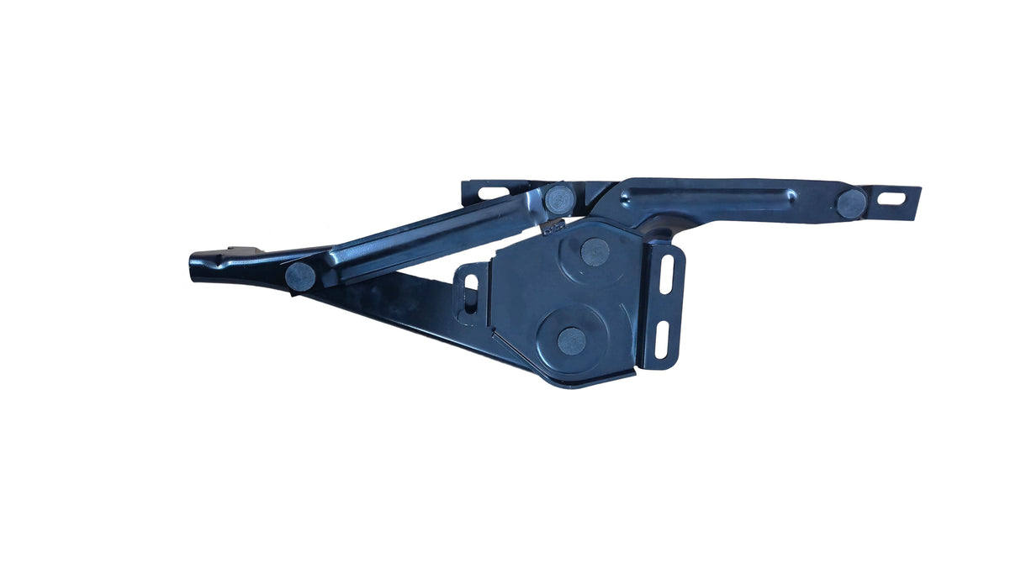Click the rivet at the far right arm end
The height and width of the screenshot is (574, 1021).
click(851, 203)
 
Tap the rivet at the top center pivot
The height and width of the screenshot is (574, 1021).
click(559, 199)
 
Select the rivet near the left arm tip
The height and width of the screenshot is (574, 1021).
click(300, 276)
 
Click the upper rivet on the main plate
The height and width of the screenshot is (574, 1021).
click(595, 251)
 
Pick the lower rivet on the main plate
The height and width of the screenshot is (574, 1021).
click(572, 340)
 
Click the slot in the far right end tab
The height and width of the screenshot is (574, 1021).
click(894, 199)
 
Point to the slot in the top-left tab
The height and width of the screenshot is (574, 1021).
click(494, 193)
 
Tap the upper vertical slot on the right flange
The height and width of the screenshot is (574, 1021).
click(667, 274)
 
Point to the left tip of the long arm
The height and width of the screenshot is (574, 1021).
click(195, 267)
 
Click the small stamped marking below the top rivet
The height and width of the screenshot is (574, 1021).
click(553, 225)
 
